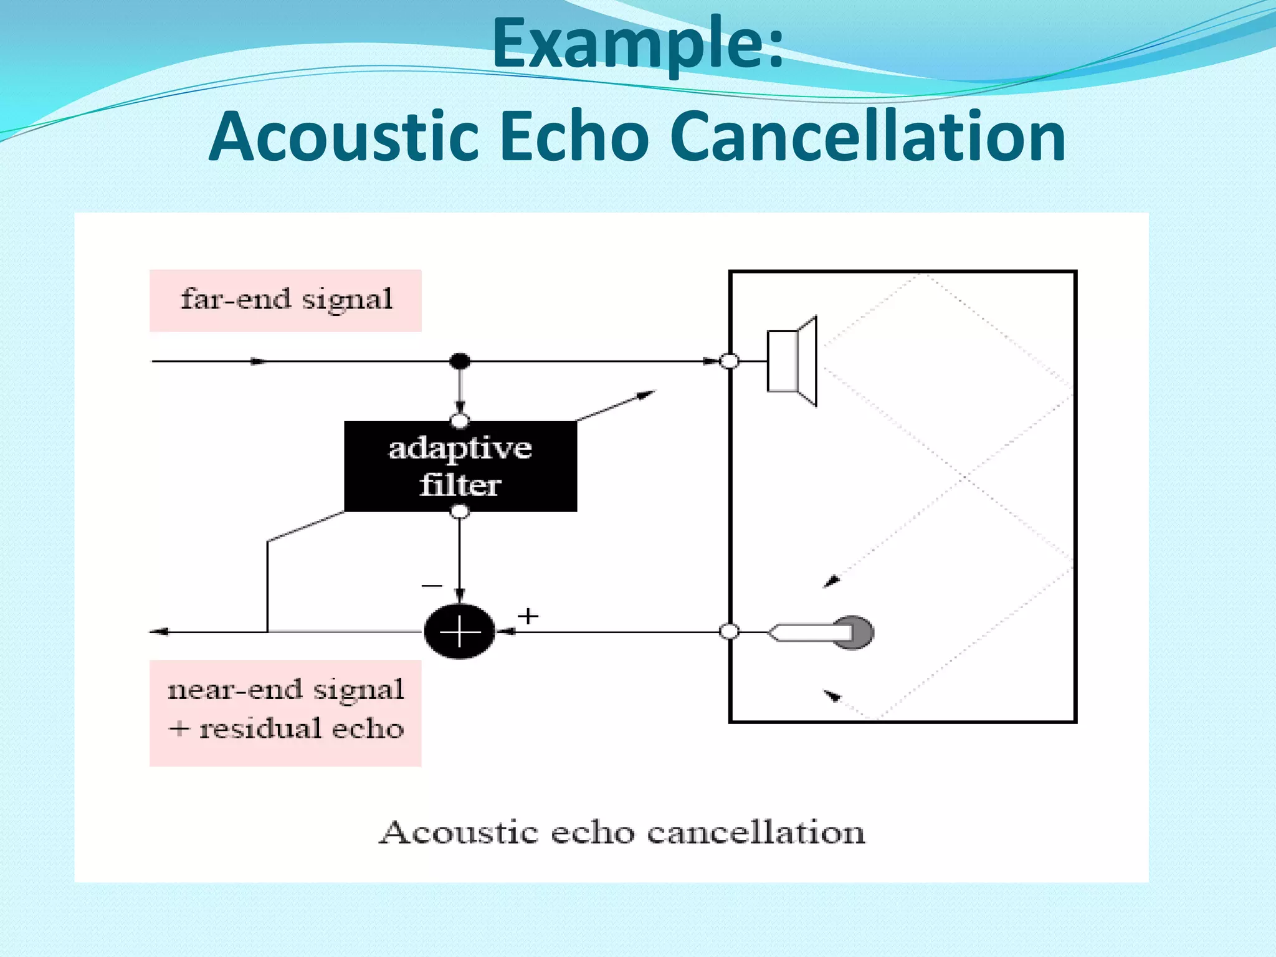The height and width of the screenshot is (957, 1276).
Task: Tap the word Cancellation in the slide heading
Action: pos(869,136)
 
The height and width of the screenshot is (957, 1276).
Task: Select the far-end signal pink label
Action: pos(285,300)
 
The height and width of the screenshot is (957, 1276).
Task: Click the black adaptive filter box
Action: pos(460,467)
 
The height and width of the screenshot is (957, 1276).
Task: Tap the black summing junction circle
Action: pos(460,632)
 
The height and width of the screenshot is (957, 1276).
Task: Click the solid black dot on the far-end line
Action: pos(460,361)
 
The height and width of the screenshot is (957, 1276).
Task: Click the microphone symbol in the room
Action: pos(821,632)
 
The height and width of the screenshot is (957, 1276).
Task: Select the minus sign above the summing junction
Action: pos(432,586)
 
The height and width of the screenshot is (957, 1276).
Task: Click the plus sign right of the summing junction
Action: pos(528,616)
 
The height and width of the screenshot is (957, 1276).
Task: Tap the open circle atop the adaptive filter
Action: pos(460,421)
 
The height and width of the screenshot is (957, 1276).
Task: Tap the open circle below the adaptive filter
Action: pos(460,512)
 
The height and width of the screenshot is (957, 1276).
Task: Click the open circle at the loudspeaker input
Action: pos(730,361)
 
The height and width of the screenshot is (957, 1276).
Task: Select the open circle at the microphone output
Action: pos(730,632)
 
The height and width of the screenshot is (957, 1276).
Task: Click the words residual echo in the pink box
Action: pos(301,728)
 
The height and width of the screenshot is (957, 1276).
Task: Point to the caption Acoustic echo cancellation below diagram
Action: pos(622,832)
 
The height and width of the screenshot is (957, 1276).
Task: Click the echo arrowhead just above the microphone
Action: pos(831,582)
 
